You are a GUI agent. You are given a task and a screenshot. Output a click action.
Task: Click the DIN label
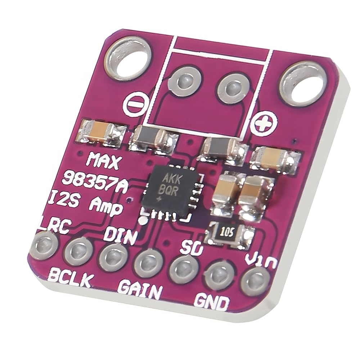(120, 237)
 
